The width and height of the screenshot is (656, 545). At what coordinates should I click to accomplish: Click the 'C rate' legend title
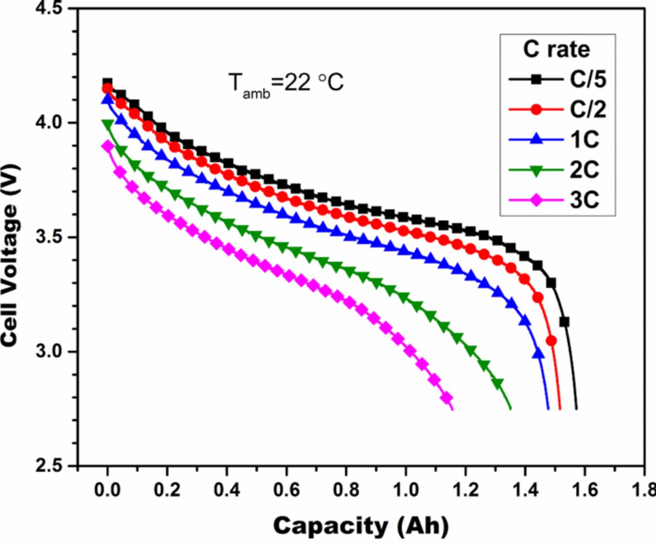point(557,49)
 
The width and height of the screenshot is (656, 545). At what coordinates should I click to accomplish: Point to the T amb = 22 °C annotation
point(285,83)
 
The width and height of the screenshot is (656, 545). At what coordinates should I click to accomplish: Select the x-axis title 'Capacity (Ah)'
point(361,525)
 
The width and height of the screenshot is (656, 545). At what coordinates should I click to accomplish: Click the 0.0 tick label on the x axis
point(107,490)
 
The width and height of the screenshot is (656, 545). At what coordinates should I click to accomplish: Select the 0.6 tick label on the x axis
point(286,490)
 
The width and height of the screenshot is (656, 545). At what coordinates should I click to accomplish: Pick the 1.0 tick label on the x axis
point(406,490)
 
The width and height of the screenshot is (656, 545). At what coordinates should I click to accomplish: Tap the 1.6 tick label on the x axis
point(585,490)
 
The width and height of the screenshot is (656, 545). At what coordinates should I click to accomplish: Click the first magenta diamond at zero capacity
point(108,146)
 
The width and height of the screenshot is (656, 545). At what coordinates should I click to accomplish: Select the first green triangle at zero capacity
point(108,124)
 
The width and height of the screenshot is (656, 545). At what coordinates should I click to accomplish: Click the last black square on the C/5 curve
point(564,322)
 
